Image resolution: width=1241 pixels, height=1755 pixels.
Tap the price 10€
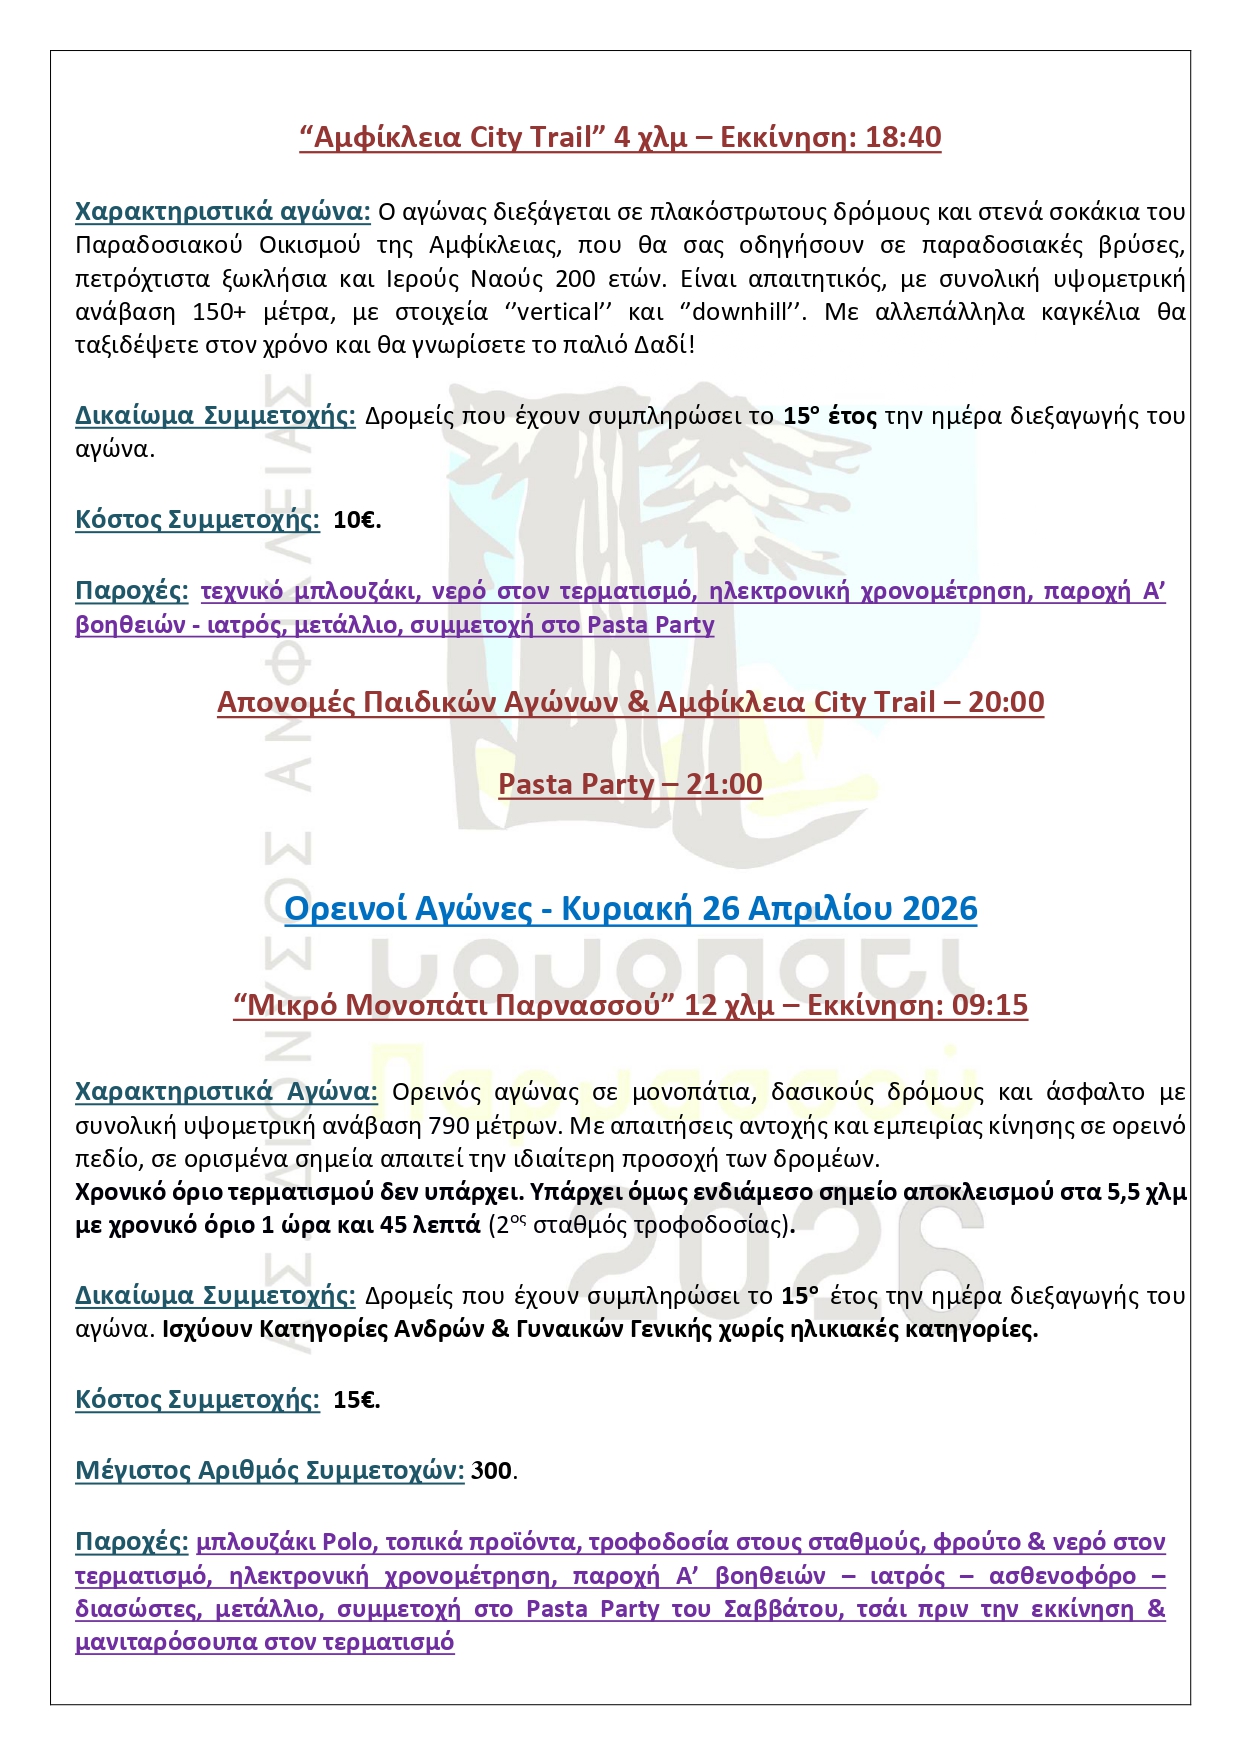[x=356, y=520]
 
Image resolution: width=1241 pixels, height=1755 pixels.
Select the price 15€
[x=356, y=1400]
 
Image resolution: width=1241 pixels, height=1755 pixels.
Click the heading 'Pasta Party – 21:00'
[x=630, y=784]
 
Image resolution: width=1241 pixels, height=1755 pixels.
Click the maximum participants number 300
[x=492, y=1471]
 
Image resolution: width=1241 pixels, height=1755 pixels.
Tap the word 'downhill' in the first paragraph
[x=741, y=312]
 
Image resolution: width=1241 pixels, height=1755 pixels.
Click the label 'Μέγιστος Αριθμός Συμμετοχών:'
[x=269, y=1471]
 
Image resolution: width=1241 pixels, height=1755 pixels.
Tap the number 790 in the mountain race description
[x=449, y=1126]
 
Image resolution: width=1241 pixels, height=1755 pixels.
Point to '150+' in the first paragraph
[x=219, y=312]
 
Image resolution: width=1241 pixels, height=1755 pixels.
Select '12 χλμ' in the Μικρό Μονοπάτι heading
[x=729, y=1005]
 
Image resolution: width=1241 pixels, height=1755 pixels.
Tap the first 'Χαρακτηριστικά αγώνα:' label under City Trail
[x=223, y=212]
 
